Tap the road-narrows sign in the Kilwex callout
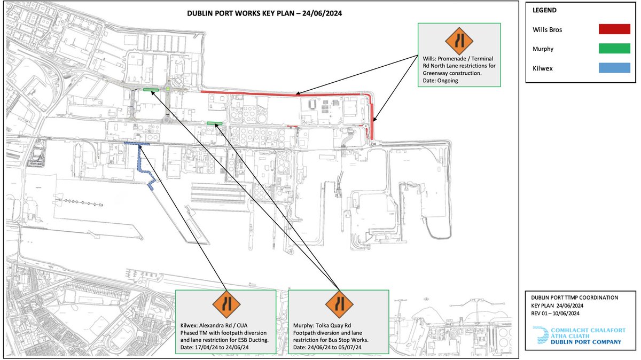pyautogui.click(x=226, y=306)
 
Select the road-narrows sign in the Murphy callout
pyautogui.click(x=339, y=306)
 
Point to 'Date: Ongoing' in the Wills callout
pyautogui.click(x=439, y=81)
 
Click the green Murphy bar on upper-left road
pyautogui.click(x=151, y=89)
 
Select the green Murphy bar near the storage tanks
pyautogui.click(x=215, y=123)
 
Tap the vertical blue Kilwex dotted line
pyautogui.click(x=140, y=159)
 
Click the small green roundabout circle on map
pyautogui.click(x=168, y=89)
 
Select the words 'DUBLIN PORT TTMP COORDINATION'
pyautogui.click(x=572, y=297)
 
